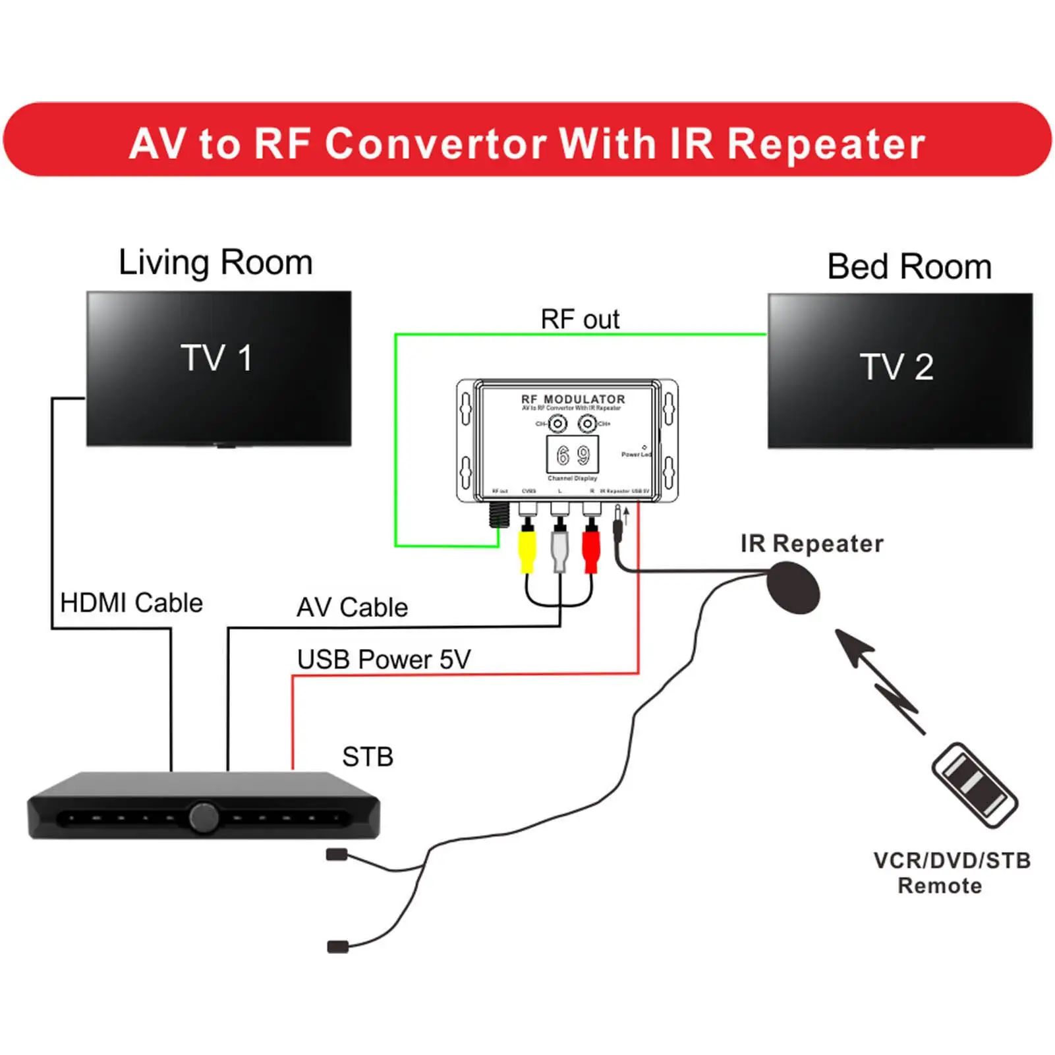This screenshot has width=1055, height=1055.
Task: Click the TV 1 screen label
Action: click(x=217, y=358)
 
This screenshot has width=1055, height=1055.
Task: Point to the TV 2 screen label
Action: click(x=897, y=367)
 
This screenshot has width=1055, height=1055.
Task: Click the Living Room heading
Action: click(x=215, y=262)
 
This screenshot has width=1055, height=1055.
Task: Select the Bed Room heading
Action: click(x=909, y=267)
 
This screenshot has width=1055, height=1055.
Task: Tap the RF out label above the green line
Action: click(x=580, y=320)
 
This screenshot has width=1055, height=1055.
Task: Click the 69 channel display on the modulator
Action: click(x=573, y=455)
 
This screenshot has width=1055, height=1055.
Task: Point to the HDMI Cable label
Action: click(x=131, y=603)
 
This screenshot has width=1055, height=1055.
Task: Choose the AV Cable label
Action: click(x=352, y=608)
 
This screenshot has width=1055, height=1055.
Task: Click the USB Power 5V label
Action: click(x=384, y=660)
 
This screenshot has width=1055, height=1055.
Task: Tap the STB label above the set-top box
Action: click(x=368, y=757)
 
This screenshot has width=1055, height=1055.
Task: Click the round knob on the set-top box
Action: click(x=204, y=817)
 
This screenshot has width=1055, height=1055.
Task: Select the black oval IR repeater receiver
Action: click(x=793, y=587)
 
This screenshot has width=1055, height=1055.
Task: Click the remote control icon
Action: click(x=975, y=785)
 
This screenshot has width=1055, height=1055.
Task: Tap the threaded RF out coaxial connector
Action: click(x=499, y=515)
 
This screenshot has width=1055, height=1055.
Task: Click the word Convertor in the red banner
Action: click(x=435, y=144)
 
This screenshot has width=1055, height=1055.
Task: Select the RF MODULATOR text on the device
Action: click(x=573, y=399)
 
